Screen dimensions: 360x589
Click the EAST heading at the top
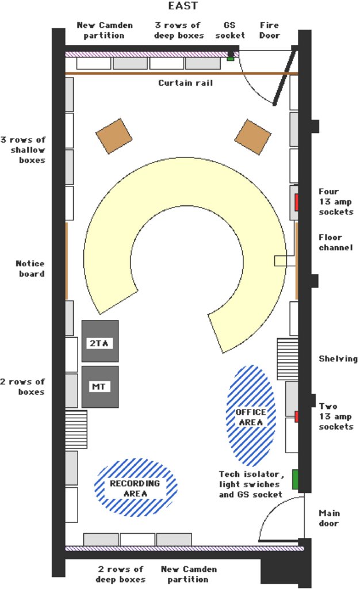tap(182, 6)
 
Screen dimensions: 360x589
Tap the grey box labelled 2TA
tap(100, 341)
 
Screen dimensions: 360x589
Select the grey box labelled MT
tap(100, 387)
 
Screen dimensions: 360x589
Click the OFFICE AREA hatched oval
tap(251, 415)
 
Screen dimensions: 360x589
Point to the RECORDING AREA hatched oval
tap(136, 487)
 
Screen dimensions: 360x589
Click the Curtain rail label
tap(185, 83)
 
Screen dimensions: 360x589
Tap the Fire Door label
tap(270, 30)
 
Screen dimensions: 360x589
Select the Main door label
tap(329, 518)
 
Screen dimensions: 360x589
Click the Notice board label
tap(30, 269)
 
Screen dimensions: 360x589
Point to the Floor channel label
tap(336, 242)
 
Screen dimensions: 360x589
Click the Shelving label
tap(338, 359)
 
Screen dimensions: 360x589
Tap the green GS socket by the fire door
tap(231, 59)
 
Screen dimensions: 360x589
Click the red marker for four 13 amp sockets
tap(296, 202)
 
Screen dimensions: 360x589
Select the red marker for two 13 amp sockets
tap(297, 416)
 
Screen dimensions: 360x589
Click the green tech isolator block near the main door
tap(295, 479)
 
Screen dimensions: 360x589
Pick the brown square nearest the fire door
tap(252, 137)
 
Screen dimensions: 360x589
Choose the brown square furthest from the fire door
tap(114, 136)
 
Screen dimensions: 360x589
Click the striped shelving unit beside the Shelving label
tap(288, 359)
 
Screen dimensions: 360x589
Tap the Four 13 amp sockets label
tap(336, 202)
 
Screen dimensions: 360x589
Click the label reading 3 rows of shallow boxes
tap(23, 150)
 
